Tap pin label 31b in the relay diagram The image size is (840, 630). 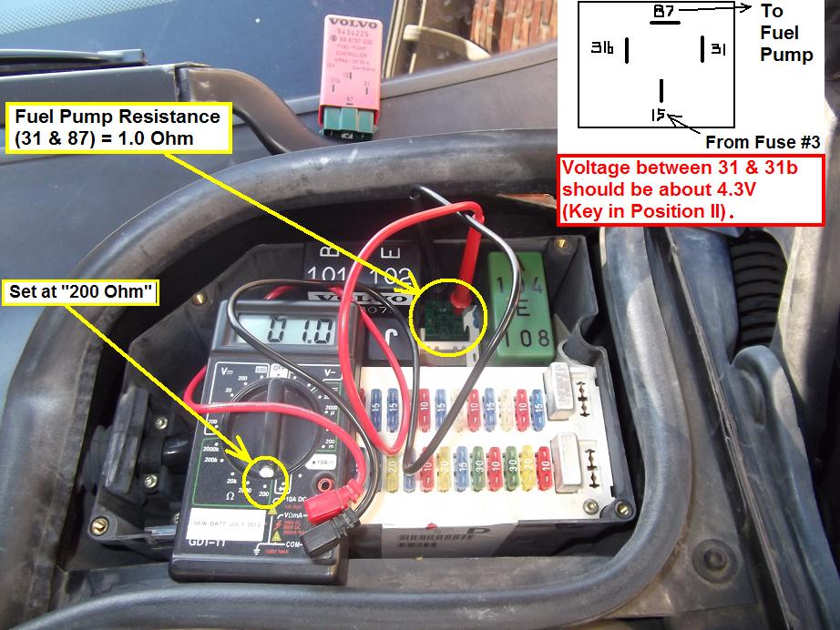tap(602, 47)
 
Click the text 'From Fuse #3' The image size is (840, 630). tap(763, 142)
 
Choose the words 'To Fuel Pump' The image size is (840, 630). tap(785, 33)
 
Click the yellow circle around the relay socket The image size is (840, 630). tap(449, 314)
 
